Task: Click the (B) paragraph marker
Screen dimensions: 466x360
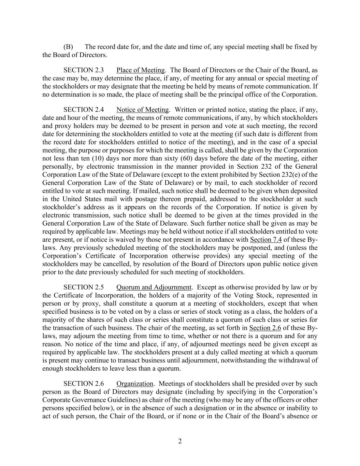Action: pos(68,47)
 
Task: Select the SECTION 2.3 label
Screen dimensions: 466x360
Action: pos(84,70)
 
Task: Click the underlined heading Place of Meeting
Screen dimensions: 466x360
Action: pos(141,70)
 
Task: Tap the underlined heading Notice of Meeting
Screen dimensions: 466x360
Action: pos(143,110)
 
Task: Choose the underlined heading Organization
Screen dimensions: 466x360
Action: pos(135,384)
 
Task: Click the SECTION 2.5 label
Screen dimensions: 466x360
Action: pos(84,287)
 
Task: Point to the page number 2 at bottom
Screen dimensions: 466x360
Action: pos(180,441)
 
